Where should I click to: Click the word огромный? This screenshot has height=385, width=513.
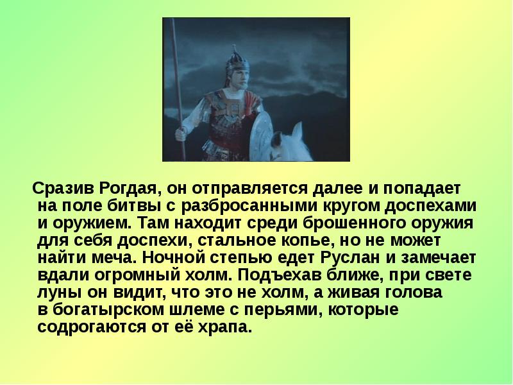pos(134,276)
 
